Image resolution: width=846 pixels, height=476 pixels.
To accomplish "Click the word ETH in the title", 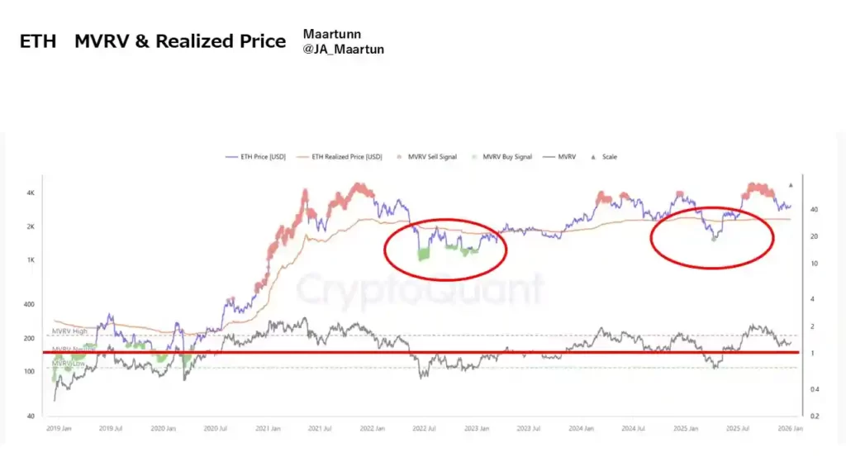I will (38, 41).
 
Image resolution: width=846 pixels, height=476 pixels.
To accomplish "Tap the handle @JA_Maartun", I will (343, 50).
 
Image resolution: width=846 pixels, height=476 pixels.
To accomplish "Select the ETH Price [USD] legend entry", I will (259, 156).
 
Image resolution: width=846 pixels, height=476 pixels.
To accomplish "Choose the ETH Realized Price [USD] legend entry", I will (346, 156).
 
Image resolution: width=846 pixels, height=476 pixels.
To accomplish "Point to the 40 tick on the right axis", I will (813, 210).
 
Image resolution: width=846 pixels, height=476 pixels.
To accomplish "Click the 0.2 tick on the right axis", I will (813, 416).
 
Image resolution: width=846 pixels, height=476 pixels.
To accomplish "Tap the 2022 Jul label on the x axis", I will (424, 430).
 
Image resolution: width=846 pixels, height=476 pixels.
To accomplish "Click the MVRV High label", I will (69, 331).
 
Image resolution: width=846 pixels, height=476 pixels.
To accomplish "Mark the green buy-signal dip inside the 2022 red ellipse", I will (425, 254).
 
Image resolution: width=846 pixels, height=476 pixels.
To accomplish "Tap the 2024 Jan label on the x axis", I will (582, 430).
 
